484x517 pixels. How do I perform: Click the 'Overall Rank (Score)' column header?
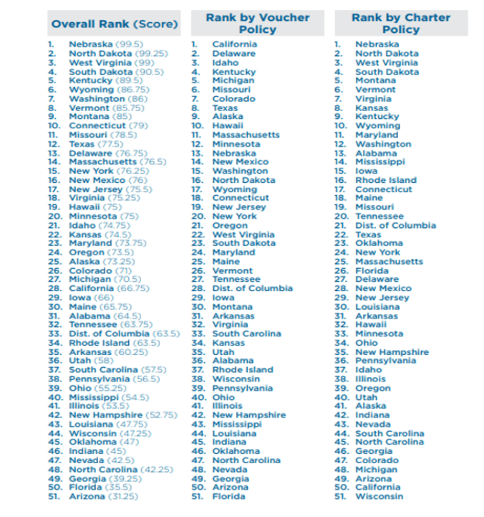[115, 24]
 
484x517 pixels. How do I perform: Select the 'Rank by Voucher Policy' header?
[257, 23]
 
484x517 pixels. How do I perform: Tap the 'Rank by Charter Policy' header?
[401, 23]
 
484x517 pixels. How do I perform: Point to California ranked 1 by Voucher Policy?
[234, 44]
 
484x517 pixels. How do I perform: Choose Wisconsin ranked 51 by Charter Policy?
[379, 496]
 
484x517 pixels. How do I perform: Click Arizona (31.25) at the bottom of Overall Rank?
[103, 496]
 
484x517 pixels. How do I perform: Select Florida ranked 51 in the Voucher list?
[228, 496]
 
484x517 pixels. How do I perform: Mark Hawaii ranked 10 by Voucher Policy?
[228, 125]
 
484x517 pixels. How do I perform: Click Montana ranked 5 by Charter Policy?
[375, 80]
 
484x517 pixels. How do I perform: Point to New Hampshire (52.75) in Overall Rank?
[122, 415]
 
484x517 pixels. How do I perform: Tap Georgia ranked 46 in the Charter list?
[374, 451]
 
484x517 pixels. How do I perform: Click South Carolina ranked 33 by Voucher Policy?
[246, 333]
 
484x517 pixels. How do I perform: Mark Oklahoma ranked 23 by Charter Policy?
[379, 243]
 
